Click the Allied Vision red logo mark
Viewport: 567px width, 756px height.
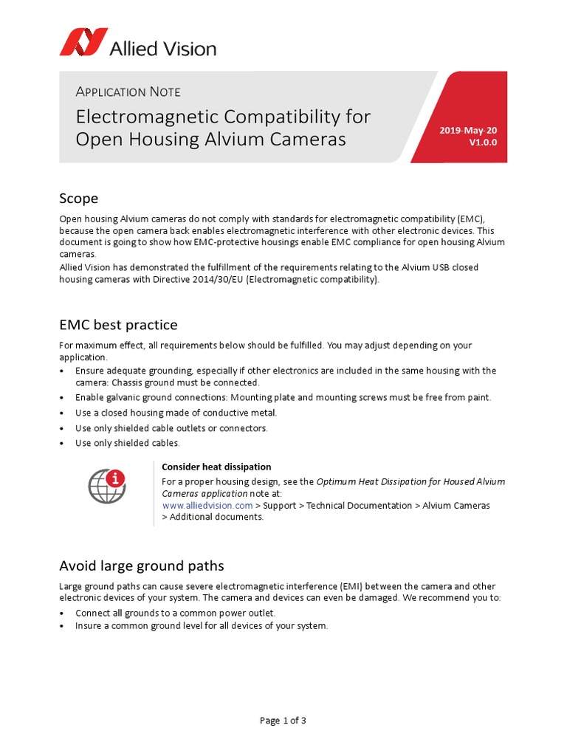point(83,42)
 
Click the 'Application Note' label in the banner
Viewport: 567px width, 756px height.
point(128,92)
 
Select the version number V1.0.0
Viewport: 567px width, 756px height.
point(483,142)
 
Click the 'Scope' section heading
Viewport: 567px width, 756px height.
point(78,199)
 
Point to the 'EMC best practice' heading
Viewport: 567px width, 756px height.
point(118,325)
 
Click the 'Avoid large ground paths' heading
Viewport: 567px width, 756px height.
point(141,566)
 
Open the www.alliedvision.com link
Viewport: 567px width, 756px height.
point(207,505)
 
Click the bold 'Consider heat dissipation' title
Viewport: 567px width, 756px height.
point(216,467)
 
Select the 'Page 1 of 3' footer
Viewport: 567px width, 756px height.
point(283,721)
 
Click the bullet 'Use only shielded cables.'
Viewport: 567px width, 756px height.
point(127,443)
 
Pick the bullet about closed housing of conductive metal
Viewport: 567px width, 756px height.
point(176,413)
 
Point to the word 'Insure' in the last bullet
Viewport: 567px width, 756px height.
point(89,625)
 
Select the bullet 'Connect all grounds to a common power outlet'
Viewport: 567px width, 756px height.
point(175,613)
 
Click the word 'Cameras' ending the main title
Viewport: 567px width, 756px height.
point(310,139)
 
